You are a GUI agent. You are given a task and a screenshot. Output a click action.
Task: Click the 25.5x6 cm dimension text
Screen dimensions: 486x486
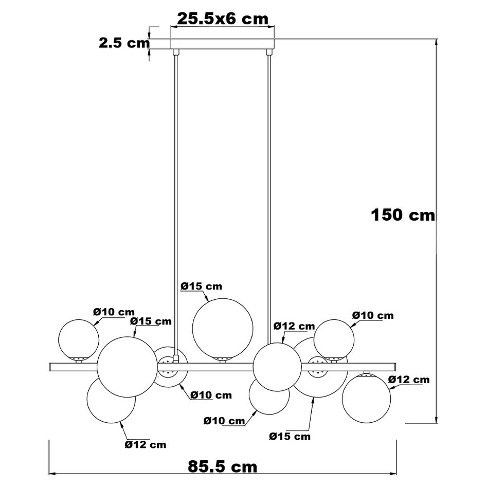click(222, 19)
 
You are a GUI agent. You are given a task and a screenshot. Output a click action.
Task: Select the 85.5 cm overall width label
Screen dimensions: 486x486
click(222, 466)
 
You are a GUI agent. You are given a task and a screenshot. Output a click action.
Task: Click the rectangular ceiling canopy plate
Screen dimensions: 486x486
click(222, 43)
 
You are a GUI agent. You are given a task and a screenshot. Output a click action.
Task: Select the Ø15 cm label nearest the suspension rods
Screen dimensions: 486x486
click(201, 286)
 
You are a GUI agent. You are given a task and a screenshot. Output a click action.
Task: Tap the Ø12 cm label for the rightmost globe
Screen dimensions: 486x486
click(409, 380)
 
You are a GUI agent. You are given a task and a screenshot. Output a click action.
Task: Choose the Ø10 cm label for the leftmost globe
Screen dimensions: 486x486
click(114, 312)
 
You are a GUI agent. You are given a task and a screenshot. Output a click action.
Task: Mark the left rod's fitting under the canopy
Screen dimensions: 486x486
click(175, 51)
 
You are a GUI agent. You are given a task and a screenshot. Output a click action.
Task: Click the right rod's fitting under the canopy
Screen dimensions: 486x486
click(269, 51)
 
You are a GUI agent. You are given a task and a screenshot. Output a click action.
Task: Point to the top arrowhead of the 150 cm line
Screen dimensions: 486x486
click(437, 41)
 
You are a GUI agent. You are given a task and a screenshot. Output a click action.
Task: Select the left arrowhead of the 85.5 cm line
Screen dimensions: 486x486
click(52, 474)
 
